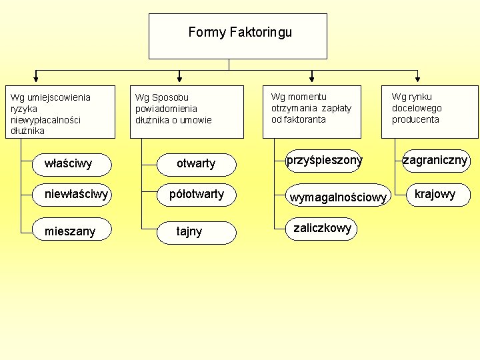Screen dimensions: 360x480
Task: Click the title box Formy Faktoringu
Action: [x=237, y=36]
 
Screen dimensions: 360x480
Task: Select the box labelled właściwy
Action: [x=71, y=163]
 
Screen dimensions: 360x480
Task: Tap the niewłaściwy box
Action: [x=71, y=195]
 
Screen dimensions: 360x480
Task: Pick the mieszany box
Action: [x=71, y=231]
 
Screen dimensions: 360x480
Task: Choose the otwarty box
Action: [x=196, y=163]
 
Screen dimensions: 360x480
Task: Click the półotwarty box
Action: [x=196, y=195]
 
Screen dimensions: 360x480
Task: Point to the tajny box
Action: [x=196, y=231]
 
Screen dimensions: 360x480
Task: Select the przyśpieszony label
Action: [x=324, y=160]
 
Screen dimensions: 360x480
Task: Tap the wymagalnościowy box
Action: [x=336, y=196]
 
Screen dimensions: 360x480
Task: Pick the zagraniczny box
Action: [x=435, y=160]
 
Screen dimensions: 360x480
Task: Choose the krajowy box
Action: [x=435, y=194]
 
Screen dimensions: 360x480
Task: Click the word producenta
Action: [x=415, y=119]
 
